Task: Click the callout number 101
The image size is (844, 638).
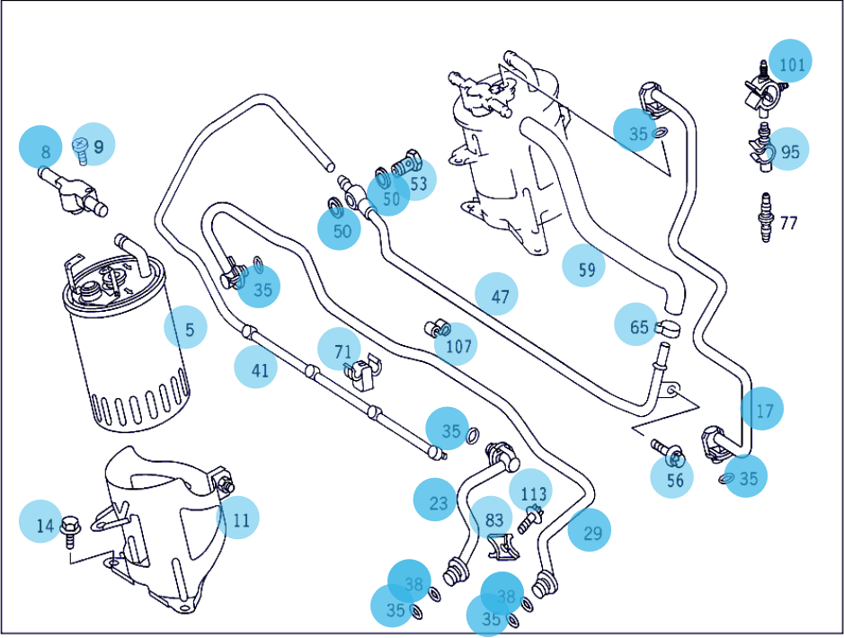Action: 792,64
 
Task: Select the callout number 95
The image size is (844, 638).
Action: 789,151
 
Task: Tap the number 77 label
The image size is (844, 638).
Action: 787,223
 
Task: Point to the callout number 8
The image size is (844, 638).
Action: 44,151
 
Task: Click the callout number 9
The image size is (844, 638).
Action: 98,146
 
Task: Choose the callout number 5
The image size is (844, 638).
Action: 188,330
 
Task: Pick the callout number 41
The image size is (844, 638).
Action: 258,368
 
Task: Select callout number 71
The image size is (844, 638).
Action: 342,351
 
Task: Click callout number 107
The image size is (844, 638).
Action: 458,345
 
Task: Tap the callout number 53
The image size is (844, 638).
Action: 418,183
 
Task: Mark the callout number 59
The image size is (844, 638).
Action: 585,268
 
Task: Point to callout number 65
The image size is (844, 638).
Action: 638,326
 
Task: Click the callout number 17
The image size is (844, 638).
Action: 763,412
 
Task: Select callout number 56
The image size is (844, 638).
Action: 674,480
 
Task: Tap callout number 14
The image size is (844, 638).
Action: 44,524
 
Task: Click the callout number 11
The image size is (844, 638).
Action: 240,519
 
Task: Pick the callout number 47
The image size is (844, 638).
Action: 499,295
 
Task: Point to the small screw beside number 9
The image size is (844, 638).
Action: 79,151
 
